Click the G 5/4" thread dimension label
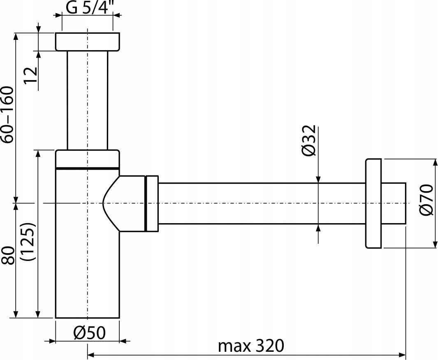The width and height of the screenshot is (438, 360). pos(89,8)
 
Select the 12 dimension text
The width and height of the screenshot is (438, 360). pos(31,74)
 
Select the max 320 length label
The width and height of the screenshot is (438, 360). pos(251,346)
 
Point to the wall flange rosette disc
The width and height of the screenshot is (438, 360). pos(373,203)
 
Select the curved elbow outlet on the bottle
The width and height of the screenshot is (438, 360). pos(123,203)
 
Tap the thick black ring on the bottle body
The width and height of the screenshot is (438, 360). pos(87,168)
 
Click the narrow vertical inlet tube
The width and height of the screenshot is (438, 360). pos(87,99)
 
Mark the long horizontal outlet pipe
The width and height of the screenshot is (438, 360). pos(259,203)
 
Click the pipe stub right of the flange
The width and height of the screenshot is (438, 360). pos(394,203)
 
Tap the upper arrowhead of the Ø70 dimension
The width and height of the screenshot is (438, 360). pos(435,162)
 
